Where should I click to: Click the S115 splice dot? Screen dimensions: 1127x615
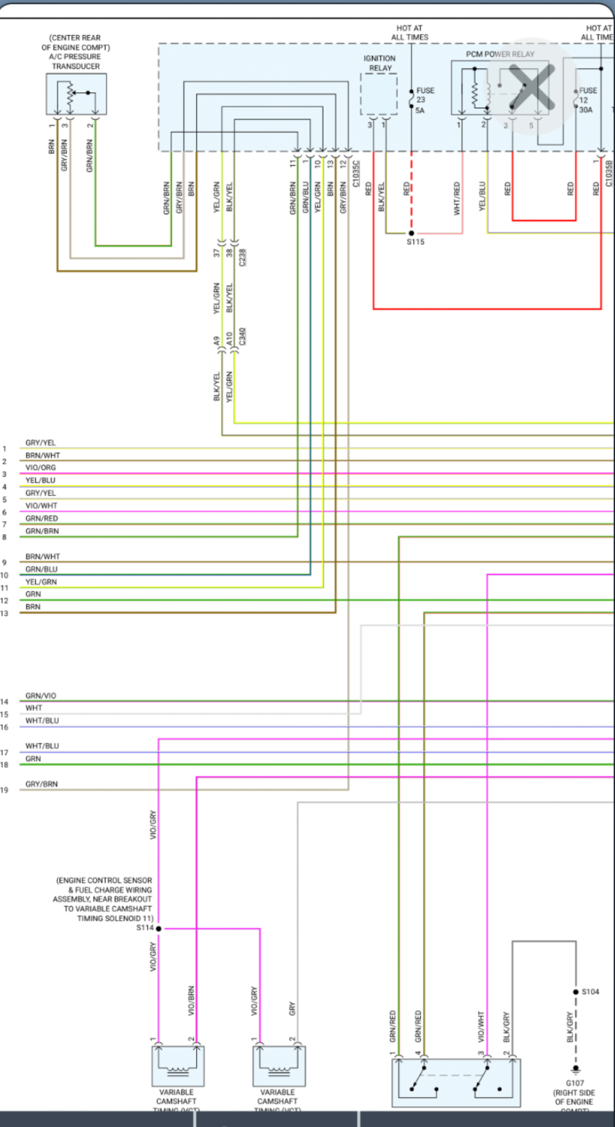coord(411,233)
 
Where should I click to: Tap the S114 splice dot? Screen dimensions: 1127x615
coord(158,928)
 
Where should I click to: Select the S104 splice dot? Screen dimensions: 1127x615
coord(576,992)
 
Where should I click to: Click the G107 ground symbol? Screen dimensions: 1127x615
coord(575,1069)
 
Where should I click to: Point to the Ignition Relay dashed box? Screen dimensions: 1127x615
coord(378,94)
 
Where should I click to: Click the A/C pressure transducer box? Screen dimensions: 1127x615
coord(76,94)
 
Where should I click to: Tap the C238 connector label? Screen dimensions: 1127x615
coord(243,258)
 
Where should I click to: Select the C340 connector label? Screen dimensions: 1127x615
coord(243,337)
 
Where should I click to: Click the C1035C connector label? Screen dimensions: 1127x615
coord(356,173)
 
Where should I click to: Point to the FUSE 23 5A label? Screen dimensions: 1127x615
coord(424,100)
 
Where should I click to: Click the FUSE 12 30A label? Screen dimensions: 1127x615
coord(587,100)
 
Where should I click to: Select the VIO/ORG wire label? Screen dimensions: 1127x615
coord(41,468)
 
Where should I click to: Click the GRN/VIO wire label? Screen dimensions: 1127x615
coord(41,696)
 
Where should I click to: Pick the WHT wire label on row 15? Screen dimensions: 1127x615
coord(34,708)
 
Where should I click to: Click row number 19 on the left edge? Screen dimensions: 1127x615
coord(4,790)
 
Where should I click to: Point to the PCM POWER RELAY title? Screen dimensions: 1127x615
coord(499,54)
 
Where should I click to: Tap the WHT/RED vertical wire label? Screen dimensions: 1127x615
coord(457,198)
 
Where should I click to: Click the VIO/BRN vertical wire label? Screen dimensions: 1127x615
coord(191,1000)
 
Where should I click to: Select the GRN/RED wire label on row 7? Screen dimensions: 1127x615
coord(41,518)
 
